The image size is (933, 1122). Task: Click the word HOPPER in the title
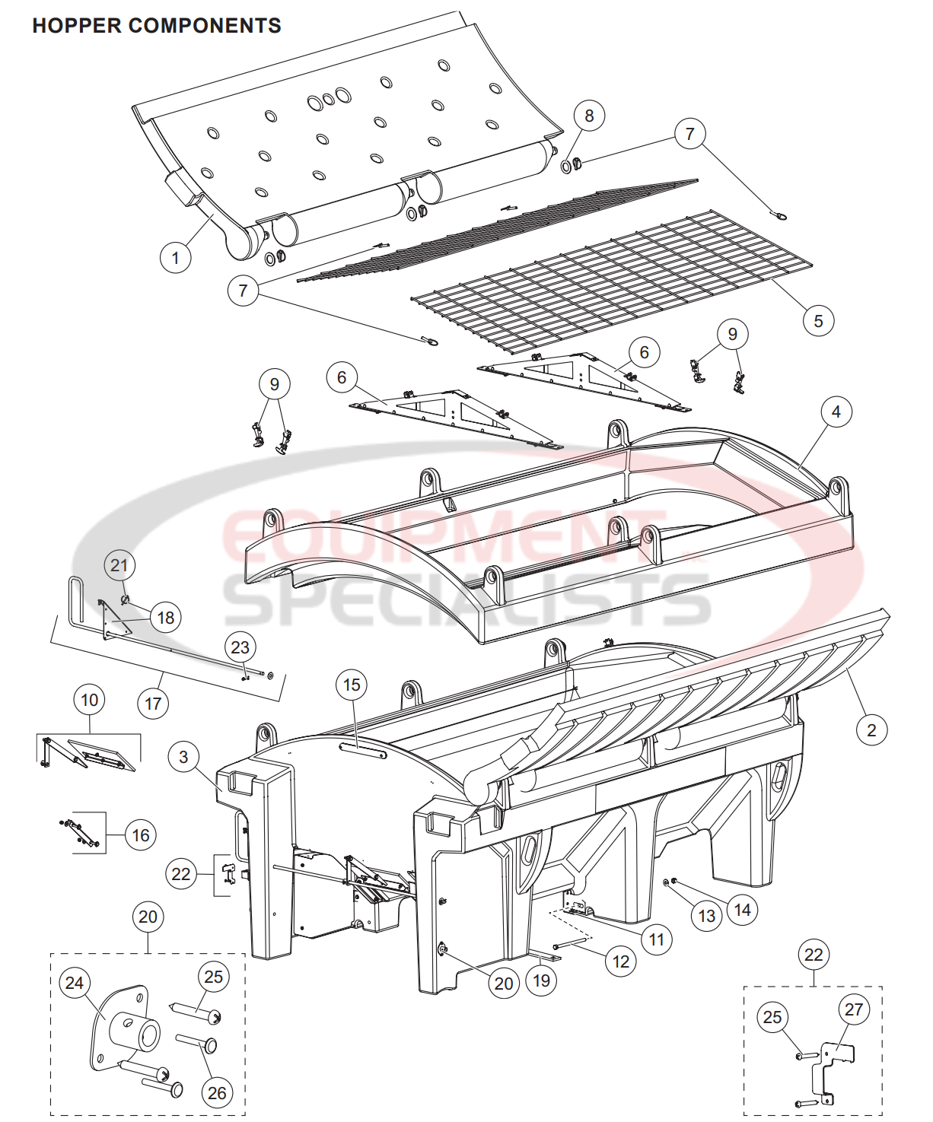pyautogui.click(x=77, y=26)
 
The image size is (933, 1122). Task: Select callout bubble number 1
pyautogui.click(x=176, y=258)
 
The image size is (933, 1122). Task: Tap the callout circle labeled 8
pyautogui.click(x=589, y=116)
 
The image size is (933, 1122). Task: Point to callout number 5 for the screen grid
pyautogui.click(x=818, y=321)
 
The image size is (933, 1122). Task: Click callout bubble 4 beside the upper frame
pyautogui.click(x=836, y=412)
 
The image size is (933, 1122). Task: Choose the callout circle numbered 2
pyautogui.click(x=871, y=731)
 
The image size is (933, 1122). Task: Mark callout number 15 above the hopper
pyautogui.click(x=352, y=685)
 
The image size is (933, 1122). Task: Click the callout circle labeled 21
pyautogui.click(x=119, y=565)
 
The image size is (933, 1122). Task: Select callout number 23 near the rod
pyautogui.click(x=240, y=647)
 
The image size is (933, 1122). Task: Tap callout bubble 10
pyautogui.click(x=90, y=700)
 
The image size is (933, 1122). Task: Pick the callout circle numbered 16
pyautogui.click(x=141, y=835)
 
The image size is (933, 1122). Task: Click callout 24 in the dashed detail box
pyautogui.click(x=75, y=983)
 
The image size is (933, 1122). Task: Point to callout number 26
pyautogui.click(x=217, y=1093)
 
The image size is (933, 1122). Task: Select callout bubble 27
pyautogui.click(x=854, y=1009)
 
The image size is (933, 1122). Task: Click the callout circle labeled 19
pyautogui.click(x=541, y=981)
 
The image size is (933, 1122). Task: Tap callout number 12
pyautogui.click(x=621, y=961)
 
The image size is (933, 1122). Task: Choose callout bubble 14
pyautogui.click(x=742, y=910)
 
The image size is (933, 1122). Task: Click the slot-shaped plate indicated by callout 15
pyautogui.click(x=363, y=751)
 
